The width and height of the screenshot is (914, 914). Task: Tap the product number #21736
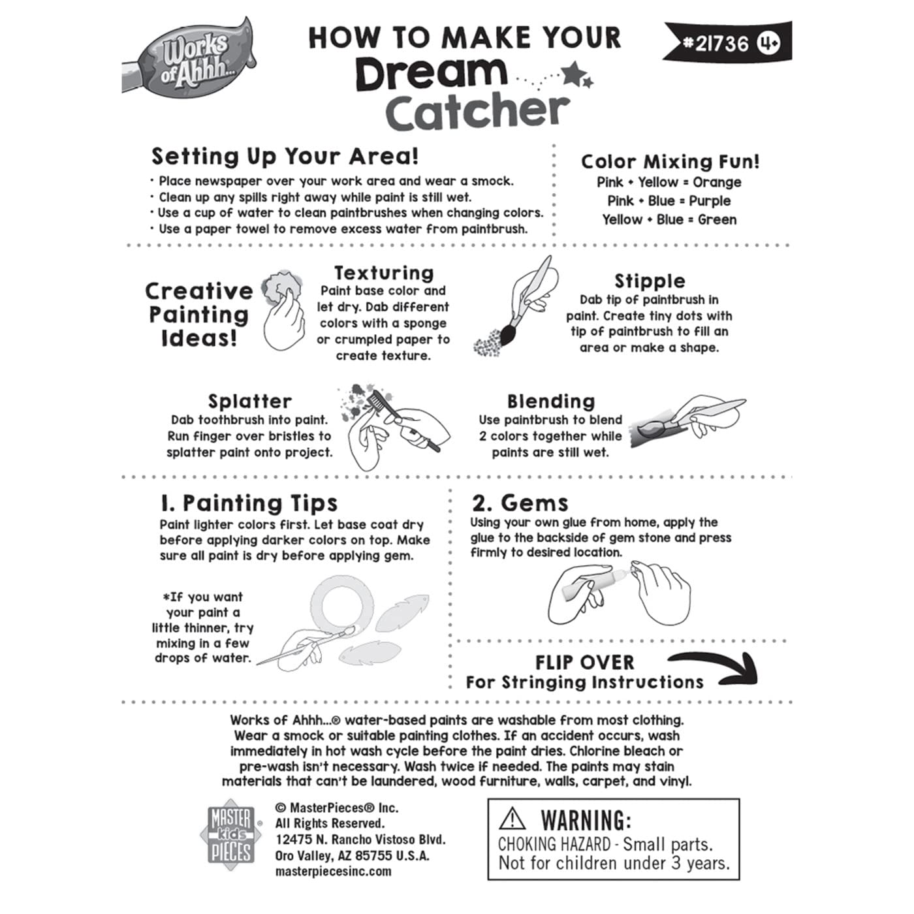pos(716,44)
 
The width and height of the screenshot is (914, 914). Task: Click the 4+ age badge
pos(769,44)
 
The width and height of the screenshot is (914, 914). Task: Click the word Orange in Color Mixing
pos(717,182)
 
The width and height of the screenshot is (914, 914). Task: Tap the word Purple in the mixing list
pos(710,201)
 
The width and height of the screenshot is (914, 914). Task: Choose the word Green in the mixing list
pos(717,219)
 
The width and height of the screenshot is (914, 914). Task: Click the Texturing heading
pos(384,273)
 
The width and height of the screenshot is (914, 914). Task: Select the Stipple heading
pos(650,281)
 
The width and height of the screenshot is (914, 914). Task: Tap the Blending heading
pos(551,402)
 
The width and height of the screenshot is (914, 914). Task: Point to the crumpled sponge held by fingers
pos(283,287)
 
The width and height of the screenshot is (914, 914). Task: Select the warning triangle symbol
pos(512,819)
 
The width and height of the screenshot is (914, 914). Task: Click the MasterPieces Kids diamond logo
pos(231,835)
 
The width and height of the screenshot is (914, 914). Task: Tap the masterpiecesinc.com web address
pos(333,872)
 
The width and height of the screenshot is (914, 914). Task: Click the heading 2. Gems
pos(520,503)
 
